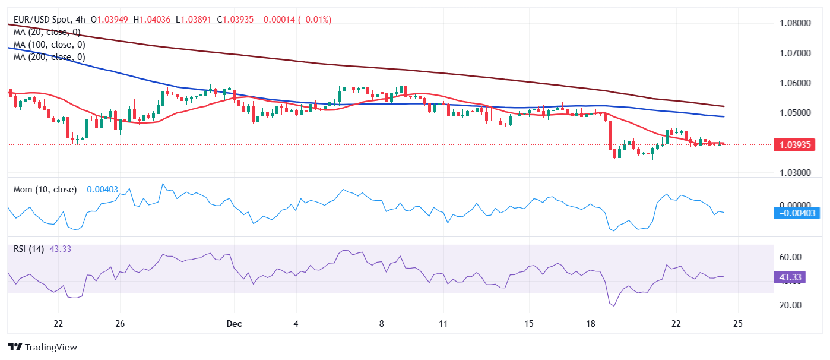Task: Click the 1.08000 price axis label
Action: tap(795, 23)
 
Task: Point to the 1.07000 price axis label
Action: tap(795, 53)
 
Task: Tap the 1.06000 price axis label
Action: tap(795, 83)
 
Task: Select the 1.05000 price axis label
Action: tap(795, 113)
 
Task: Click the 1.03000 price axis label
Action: tap(795, 173)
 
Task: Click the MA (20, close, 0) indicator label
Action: tap(47, 32)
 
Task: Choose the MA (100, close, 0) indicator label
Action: tap(49, 45)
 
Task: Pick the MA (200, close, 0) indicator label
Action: tap(49, 57)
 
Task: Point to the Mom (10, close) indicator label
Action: tap(45, 190)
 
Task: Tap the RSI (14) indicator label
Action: tap(28, 249)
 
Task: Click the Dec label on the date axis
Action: tap(234, 324)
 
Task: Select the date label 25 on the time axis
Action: tap(737, 324)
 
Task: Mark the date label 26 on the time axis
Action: tap(120, 324)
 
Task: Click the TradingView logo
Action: tap(42, 347)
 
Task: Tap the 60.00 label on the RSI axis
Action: tap(790, 257)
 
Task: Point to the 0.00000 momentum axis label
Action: tap(795, 204)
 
